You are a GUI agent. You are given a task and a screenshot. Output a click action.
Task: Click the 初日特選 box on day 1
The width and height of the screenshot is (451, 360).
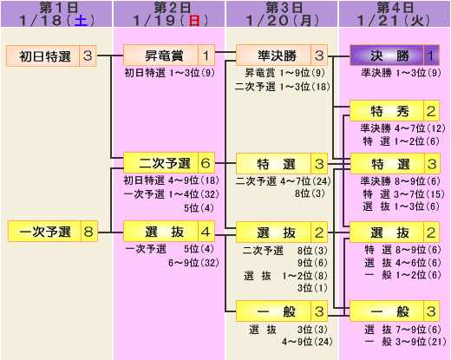click(x=51, y=56)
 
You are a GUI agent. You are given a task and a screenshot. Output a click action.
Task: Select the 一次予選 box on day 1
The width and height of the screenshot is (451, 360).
click(x=53, y=231)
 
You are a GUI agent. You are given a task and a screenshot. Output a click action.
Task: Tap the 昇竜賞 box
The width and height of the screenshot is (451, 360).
click(x=169, y=55)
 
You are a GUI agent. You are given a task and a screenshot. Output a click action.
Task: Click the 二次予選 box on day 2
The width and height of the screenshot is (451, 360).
click(x=169, y=163)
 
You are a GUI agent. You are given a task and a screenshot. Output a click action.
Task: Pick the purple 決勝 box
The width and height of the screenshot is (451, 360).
click(x=395, y=55)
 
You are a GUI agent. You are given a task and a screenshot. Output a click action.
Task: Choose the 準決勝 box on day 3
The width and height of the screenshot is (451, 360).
click(x=282, y=55)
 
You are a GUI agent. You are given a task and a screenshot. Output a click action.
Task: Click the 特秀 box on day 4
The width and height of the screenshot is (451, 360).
click(x=395, y=111)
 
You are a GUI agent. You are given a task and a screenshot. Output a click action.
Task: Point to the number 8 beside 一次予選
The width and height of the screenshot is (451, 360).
click(x=88, y=231)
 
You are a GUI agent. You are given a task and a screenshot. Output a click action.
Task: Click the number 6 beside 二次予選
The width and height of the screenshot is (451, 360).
click(x=206, y=163)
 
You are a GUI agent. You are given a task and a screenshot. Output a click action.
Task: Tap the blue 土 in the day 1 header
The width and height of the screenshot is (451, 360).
click(x=81, y=21)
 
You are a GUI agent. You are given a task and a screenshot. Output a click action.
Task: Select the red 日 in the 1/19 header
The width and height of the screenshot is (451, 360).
click(x=194, y=21)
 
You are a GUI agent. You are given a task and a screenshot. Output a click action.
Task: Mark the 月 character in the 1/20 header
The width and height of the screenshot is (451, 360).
click(x=306, y=21)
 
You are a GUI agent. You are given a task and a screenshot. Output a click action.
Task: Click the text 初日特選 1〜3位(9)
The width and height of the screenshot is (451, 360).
click(x=169, y=73)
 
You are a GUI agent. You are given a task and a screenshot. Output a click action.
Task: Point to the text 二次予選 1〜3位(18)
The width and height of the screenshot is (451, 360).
click(x=283, y=87)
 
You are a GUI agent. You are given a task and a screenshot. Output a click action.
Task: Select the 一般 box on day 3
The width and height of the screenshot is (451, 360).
click(x=282, y=311)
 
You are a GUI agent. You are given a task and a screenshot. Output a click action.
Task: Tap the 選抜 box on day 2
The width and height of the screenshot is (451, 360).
click(x=169, y=232)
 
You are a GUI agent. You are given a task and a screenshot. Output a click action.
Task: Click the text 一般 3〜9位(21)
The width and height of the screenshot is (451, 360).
click(x=405, y=342)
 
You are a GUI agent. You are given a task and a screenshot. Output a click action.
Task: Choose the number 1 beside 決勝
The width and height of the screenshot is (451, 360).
click(x=431, y=56)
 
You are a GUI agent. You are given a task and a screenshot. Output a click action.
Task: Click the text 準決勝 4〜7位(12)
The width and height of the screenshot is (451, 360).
click(x=402, y=128)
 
